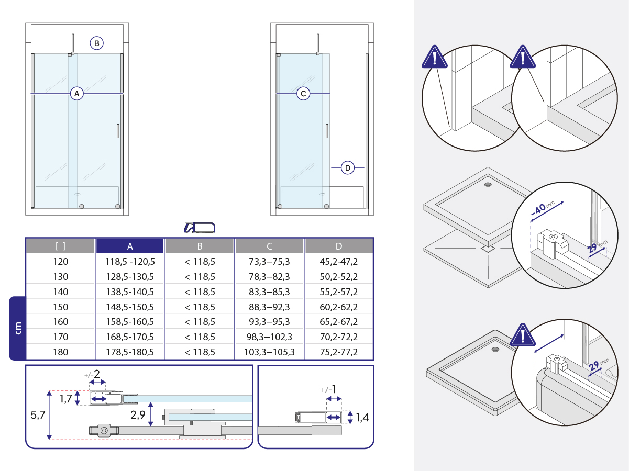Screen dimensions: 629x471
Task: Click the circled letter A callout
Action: [x=77, y=94]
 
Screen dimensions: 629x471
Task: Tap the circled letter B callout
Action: [x=96, y=43]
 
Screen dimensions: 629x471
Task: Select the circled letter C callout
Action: [x=303, y=94]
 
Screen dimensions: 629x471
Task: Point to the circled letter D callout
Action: [x=348, y=168]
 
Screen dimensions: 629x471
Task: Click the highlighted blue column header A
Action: [x=130, y=246]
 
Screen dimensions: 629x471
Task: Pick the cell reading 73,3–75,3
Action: [x=269, y=262]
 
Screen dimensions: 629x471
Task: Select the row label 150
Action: [x=60, y=307]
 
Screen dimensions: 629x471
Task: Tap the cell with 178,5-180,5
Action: [x=130, y=352]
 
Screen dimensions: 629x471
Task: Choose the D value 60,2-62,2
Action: [x=338, y=307]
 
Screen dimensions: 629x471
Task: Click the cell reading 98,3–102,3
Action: [x=269, y=337]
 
